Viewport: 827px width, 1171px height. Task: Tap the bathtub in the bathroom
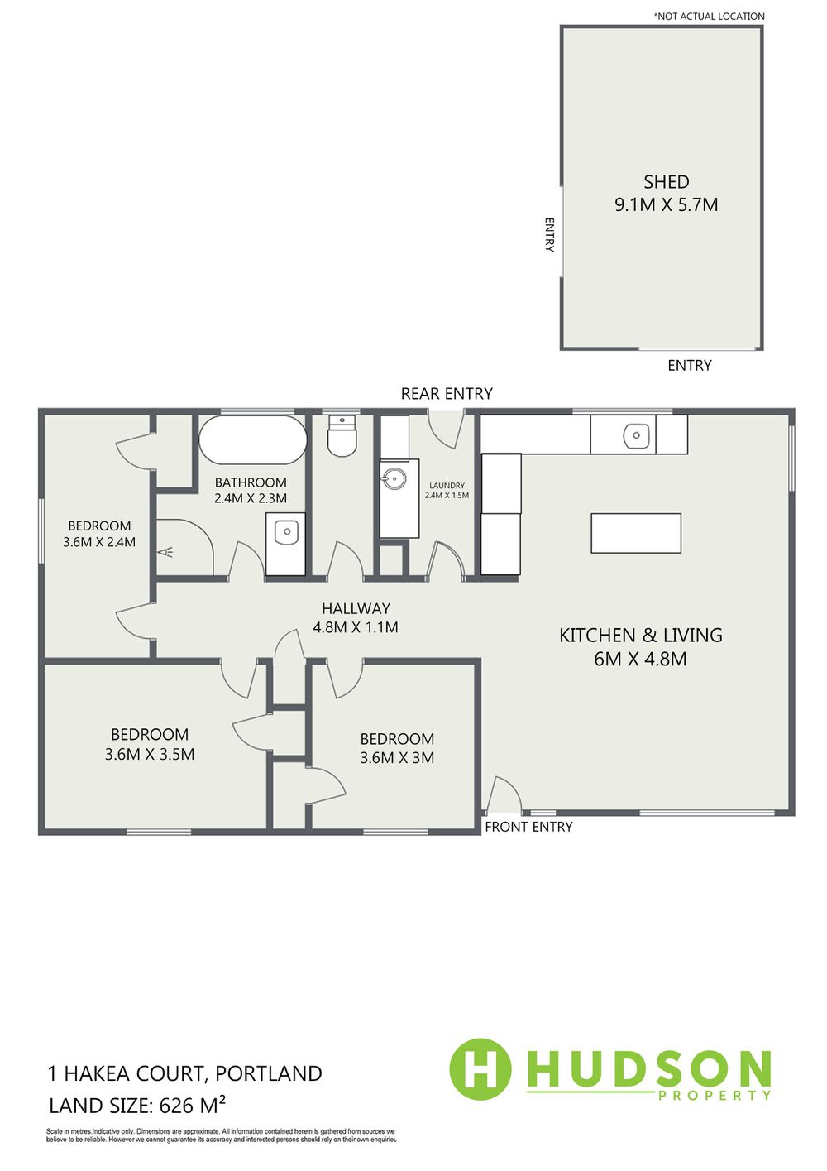point(252,439)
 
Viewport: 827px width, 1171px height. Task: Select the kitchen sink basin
point(636,435)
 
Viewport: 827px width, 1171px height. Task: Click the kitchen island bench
point(636,533)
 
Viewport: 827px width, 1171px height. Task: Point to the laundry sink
point(394,479)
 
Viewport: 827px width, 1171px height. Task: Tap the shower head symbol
point(167,552)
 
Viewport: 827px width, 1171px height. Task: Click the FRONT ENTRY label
point(528,827)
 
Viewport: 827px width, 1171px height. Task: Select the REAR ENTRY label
point(447,394)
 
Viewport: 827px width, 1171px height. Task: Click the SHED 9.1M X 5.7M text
point(666,194)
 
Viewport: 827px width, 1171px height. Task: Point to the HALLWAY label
point(356,608)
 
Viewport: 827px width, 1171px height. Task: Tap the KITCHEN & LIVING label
point(640,636)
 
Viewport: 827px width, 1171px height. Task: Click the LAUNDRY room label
point(447,486)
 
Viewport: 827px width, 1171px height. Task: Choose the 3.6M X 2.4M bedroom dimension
point(99,542)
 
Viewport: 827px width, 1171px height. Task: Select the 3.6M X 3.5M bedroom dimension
point(150,755)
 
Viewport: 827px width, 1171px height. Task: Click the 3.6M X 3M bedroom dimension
point(397,757)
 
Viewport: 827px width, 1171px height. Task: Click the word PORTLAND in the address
point(269,1074)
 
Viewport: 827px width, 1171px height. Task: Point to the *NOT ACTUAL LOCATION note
point(709,17)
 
